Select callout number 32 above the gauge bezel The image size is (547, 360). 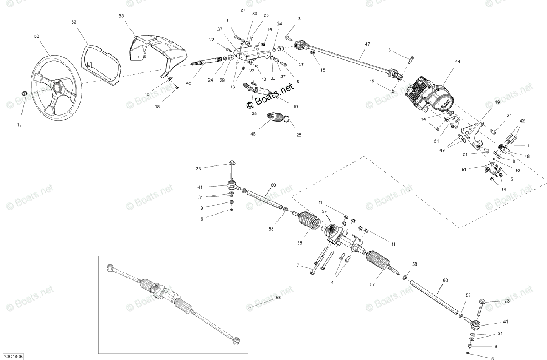[x=74, y=21]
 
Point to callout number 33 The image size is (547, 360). [x=121, y=16]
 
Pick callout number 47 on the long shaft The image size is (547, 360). [x=367, y=44]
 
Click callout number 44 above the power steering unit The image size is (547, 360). [x=457, y=61]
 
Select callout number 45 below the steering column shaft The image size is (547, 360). [x=189, y=83]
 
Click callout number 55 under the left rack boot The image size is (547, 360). [x=299, y=243]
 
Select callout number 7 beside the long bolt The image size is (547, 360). [x=298, y=265]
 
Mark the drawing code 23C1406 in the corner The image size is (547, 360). [x=12, y=355]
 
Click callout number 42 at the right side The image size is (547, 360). [x=522, y=121]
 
